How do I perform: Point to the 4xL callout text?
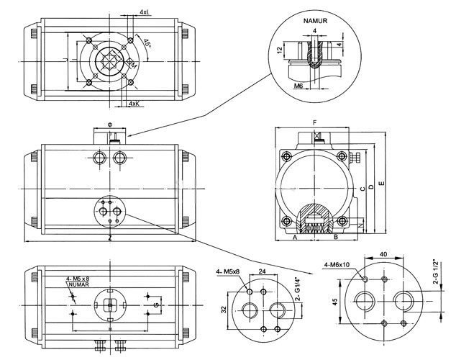point(145,12)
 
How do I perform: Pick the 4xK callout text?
point(133,104)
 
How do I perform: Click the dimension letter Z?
point(109,237)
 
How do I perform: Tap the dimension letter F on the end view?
point(314,123)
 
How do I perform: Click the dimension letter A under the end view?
point(294,236)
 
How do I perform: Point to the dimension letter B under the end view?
point(335,236)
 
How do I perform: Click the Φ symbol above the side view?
point(110,124)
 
